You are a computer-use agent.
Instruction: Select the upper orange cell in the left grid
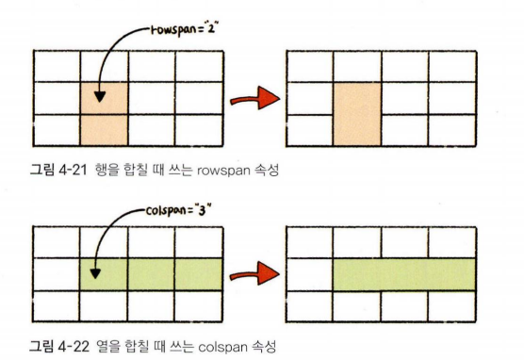pyautogui.click(x=104, y=98)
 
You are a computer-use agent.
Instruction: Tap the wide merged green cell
pyautogui.click(x=402, y=273)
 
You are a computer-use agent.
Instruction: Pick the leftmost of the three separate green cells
pyautogui.click(x=104, y=273)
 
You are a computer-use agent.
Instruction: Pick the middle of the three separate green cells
pyautogui.click(x=151, y=273)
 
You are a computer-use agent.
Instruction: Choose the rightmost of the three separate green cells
pyautogui.click(x=198, y=273)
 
